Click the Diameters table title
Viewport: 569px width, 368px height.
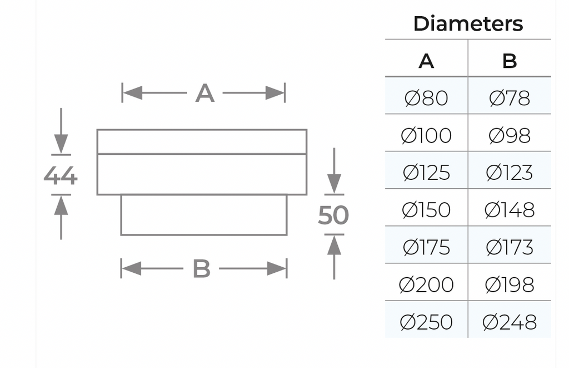click(x=468, y=23)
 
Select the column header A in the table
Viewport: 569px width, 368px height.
click(x=426, y=61)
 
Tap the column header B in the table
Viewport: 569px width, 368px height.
click(x=510, y=61)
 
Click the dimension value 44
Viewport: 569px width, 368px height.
click(x=60, y=176)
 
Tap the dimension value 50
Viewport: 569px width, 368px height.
click(x=333, y=215)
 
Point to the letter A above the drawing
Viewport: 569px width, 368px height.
click(x=204, y=94)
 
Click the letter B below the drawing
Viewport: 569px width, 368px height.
click(x=201, y=269)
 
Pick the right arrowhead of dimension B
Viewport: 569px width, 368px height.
click(x=277, y=269)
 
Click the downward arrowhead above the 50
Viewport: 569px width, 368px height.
click(x=334, y=184)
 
